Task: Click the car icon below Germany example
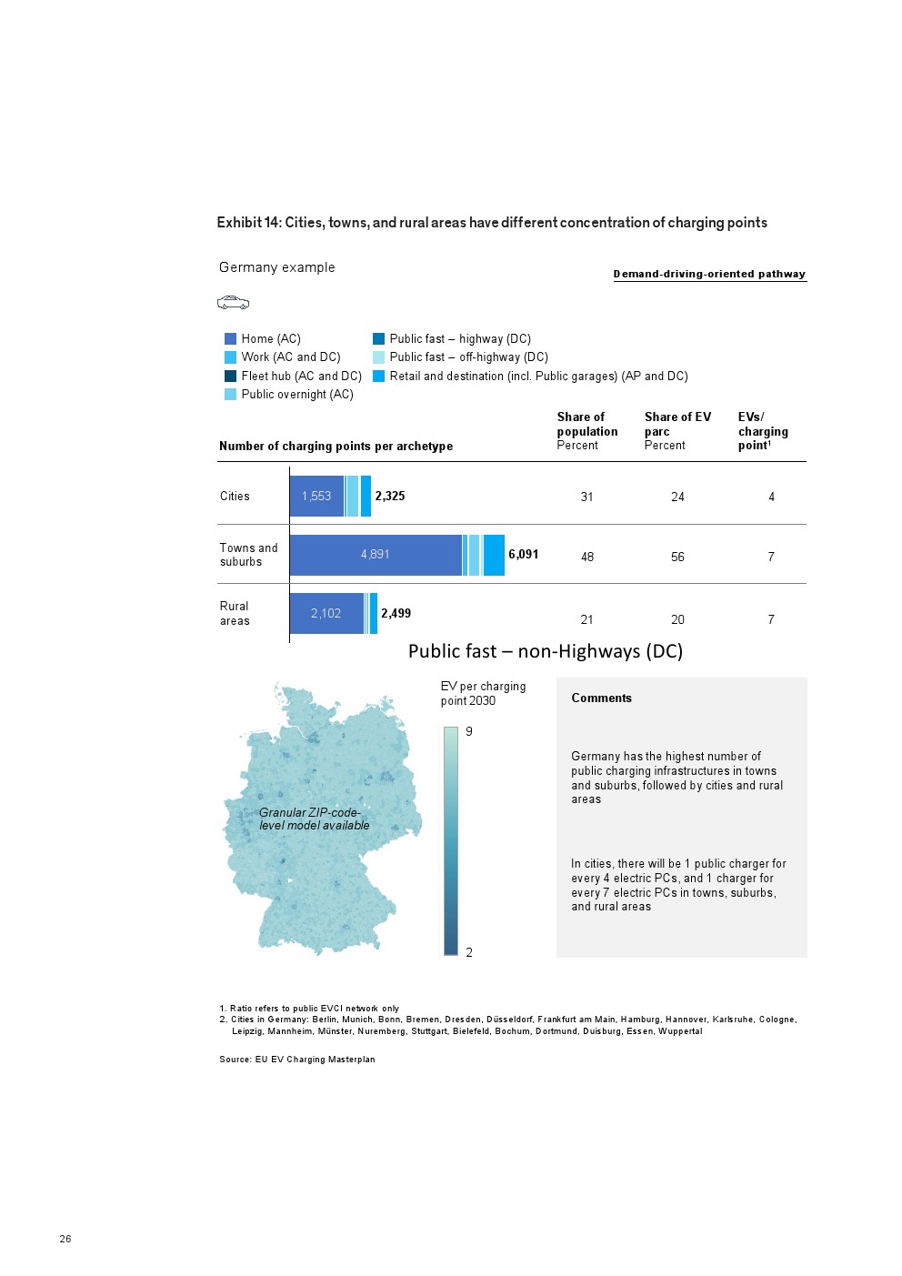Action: pyautogui.click(x=233, y=303)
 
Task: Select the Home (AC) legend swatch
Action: pyautogui.click(x=230, y=338)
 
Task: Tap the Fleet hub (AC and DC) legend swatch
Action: pyautogui.click(x=230, y=376)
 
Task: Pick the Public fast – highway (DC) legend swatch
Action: pyautogui.click(x=378, y=338)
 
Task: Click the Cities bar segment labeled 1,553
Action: pyautogui.click(x=316, y=496)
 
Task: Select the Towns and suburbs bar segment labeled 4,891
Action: pyautogui.click(x=375, y=554)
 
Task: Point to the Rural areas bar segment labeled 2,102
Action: pyautogui.click(x=326, y=613)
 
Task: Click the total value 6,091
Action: pyautogui.click(x=523, y=554)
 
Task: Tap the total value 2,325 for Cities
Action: pyautogui.click(x=390, y=496)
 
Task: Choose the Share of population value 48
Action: pyautogui.click(x=587, y=557)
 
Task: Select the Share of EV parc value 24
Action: pyautogui.click(x=677, y=497)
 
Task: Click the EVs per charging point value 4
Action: pyautogui.click(x=771, y=497)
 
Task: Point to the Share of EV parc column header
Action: pyautogui.click(x=677, y=430)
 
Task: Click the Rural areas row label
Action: pyautogui.click(x=235, y=613)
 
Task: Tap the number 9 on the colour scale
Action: pyautogui.click(x=469, y=731)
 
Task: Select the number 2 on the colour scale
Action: pyautogui.click(x=469, y=952)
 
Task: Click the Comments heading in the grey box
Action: pyautogui.click(x=601, y=698)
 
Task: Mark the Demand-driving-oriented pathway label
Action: pyautogui.click(x=709, y=274)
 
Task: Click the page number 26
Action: pyautogui.click(x=65, y=1239)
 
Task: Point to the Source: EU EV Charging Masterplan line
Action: pyautogui.click(x=297, y=1059)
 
